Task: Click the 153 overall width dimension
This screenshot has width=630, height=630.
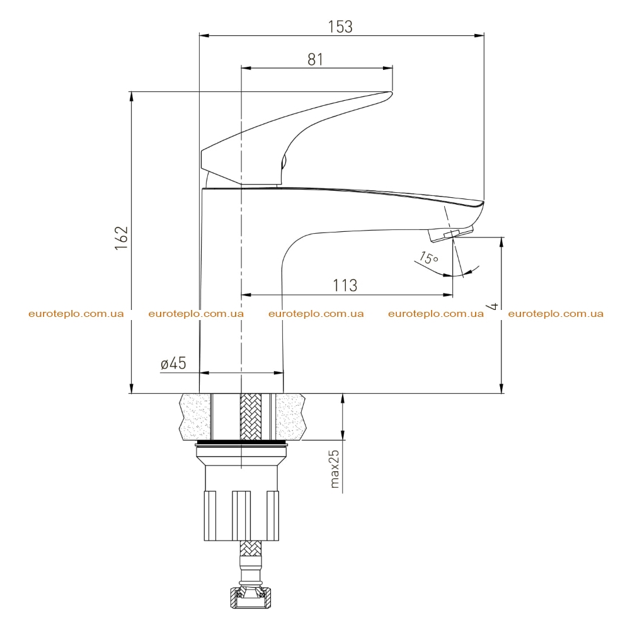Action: (340, 26)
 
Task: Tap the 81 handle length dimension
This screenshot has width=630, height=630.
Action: (316, 59)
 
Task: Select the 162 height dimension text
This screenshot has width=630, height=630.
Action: (122, 238)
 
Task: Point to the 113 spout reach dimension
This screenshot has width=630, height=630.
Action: (345, 285)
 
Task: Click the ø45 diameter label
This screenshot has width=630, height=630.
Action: (174, 364)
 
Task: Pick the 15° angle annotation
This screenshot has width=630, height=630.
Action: (429, 258)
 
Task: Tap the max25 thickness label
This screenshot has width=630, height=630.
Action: (335, 469)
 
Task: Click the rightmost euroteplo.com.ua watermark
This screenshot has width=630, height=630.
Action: (556, 314)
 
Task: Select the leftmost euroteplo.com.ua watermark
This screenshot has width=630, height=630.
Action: (76, 314)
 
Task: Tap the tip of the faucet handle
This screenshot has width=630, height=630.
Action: (391, 94)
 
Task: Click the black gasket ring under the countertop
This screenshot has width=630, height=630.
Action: (241, 444)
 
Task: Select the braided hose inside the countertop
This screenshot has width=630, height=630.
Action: (250, 416)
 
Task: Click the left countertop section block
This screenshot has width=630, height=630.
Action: (196, 416)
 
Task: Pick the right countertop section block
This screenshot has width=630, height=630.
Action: (290, 416)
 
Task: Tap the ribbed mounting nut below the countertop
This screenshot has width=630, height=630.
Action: (241, 515)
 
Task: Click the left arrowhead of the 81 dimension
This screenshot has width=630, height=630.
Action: (246, 68)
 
